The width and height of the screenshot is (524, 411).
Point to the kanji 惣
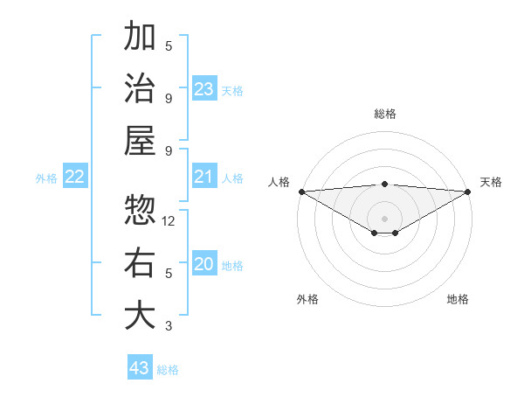tap(140, 210)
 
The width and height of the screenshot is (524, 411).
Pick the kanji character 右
tap(140, 263)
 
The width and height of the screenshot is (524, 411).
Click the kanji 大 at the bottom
tap(140, 316)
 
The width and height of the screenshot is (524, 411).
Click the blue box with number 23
tap(204, 89)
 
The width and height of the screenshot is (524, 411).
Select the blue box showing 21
tap(204, 178)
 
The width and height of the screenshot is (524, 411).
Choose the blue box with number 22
tap(75, 178)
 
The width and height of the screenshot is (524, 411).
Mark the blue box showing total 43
tap(140, 368)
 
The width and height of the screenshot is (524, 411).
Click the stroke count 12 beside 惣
tap(169, 221)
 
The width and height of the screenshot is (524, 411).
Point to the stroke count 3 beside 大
tap(169, 326)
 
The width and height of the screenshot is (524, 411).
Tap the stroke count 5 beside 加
tap(169, 46)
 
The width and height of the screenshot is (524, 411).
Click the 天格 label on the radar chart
tap(491, 182)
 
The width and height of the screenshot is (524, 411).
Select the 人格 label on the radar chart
tap(279, 182)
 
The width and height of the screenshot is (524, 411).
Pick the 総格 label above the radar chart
tap(385, 114)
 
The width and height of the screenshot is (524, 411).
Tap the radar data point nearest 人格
tap(300, 192)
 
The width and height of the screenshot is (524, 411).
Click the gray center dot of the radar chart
tap(385, 218)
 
